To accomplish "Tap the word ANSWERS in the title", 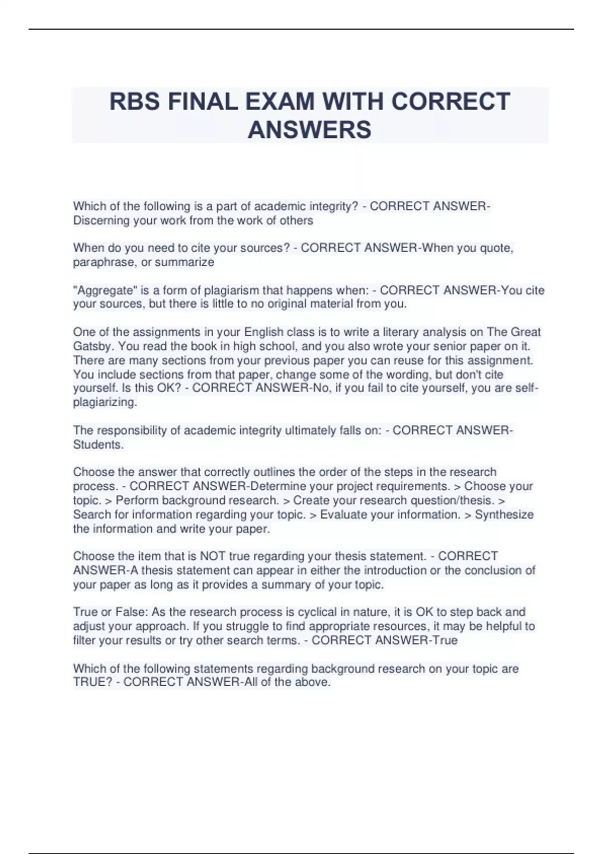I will [310, 130].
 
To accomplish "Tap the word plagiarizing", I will [105, 402].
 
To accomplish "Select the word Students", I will [98, 445].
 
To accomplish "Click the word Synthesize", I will [504, 514].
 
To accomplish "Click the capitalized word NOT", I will [213, 556].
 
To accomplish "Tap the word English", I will [263, 332].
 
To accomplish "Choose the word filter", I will [84, 640].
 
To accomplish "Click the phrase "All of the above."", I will [287, 682].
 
